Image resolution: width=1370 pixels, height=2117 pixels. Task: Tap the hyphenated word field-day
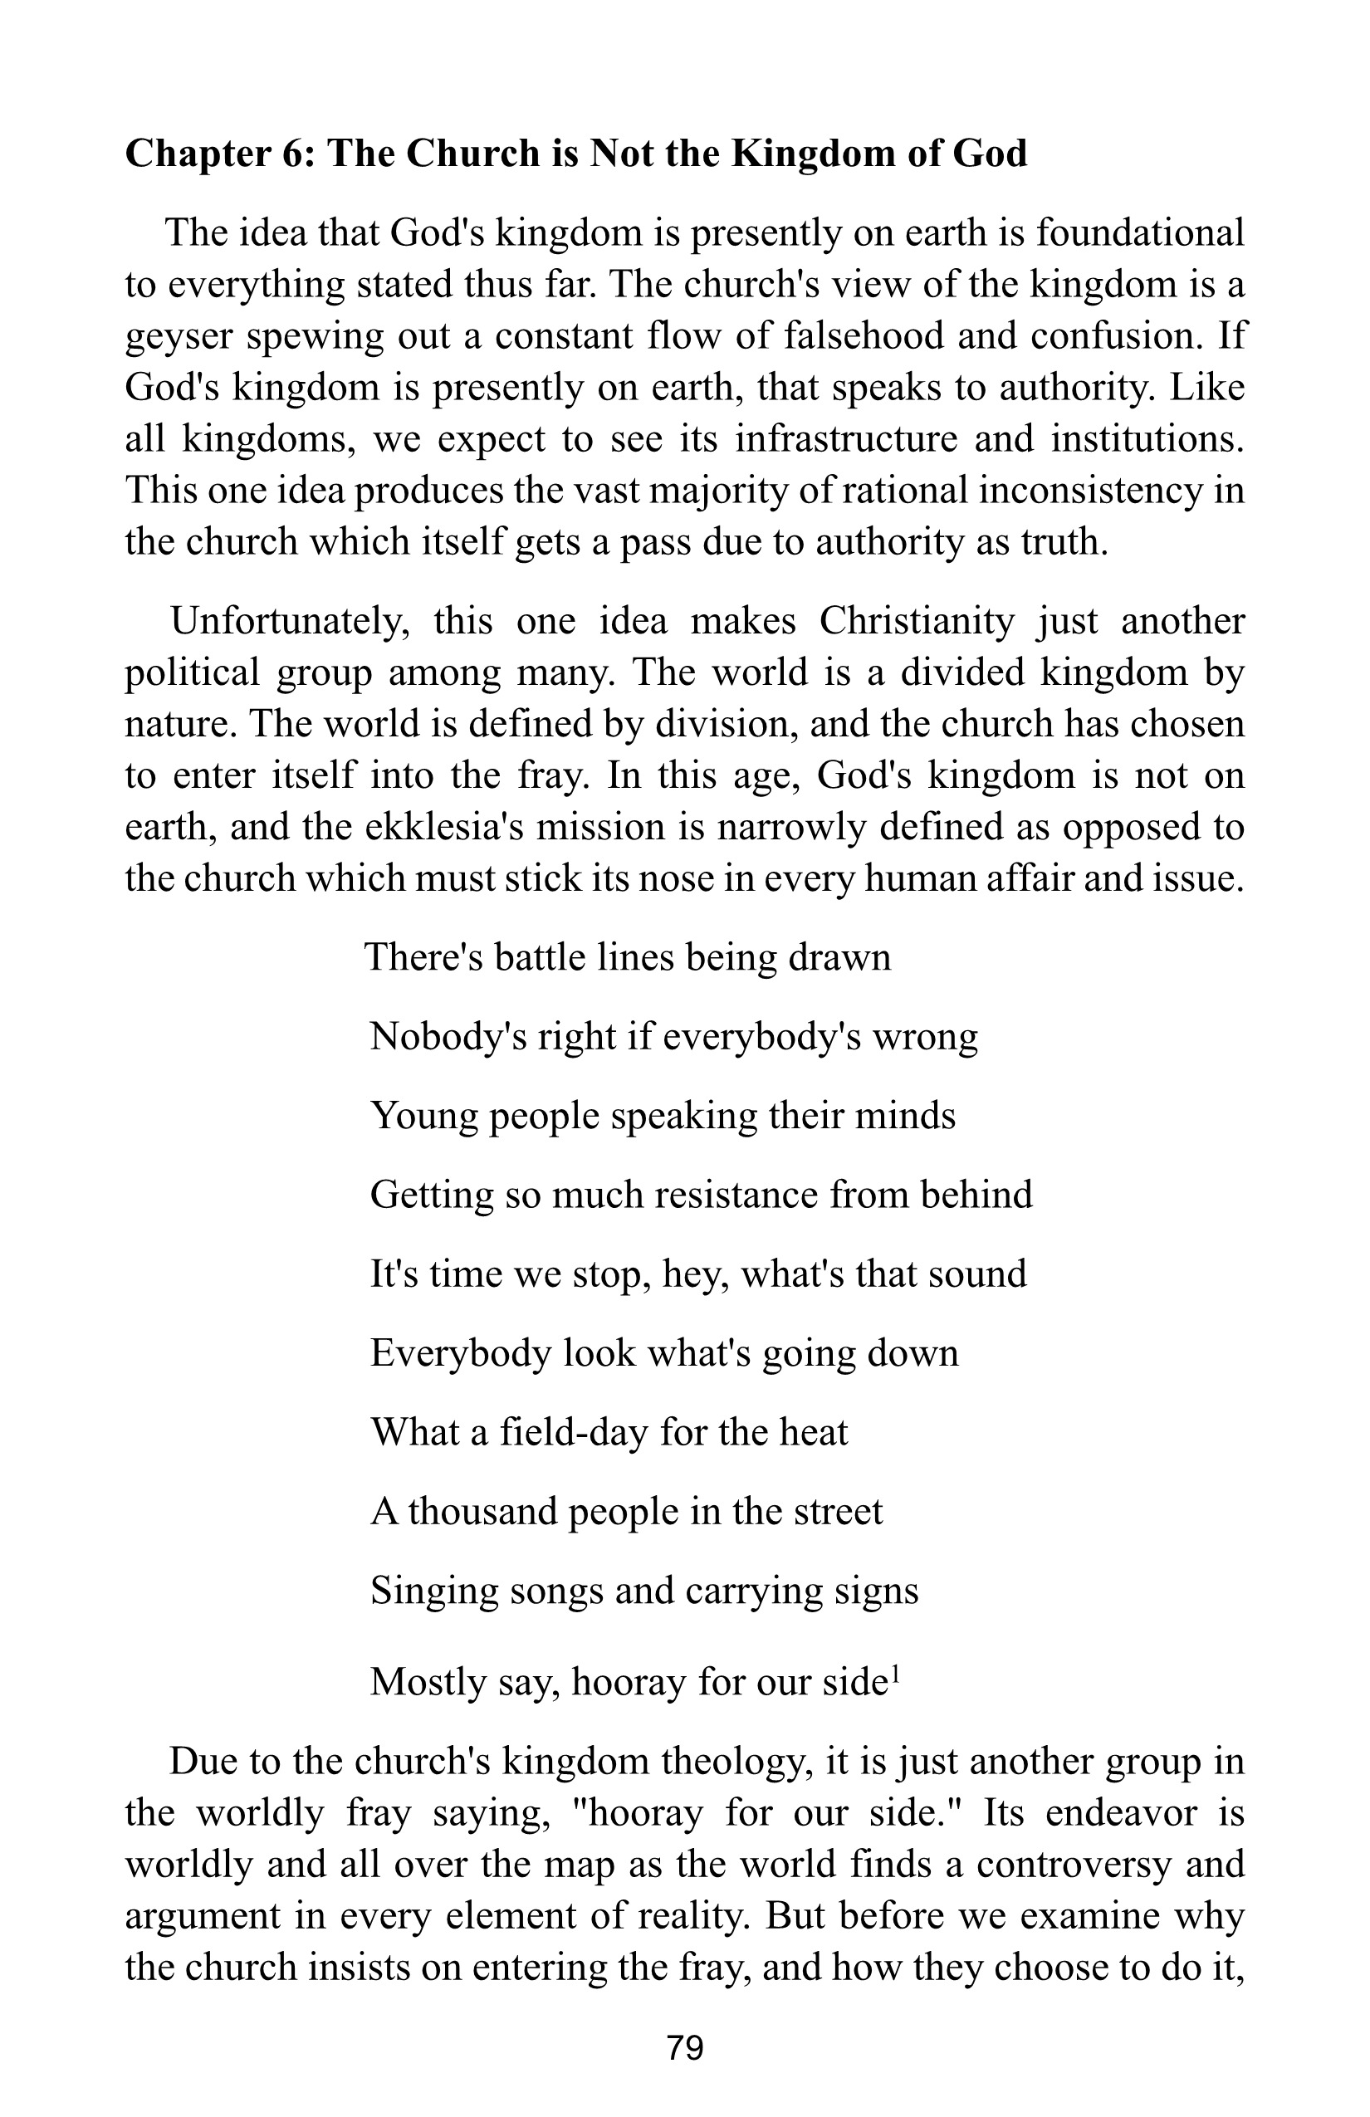pyautogui.click(x=574, y=1432)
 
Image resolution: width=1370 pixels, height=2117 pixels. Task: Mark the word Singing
pyautogui.click(x=433, y=1591)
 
